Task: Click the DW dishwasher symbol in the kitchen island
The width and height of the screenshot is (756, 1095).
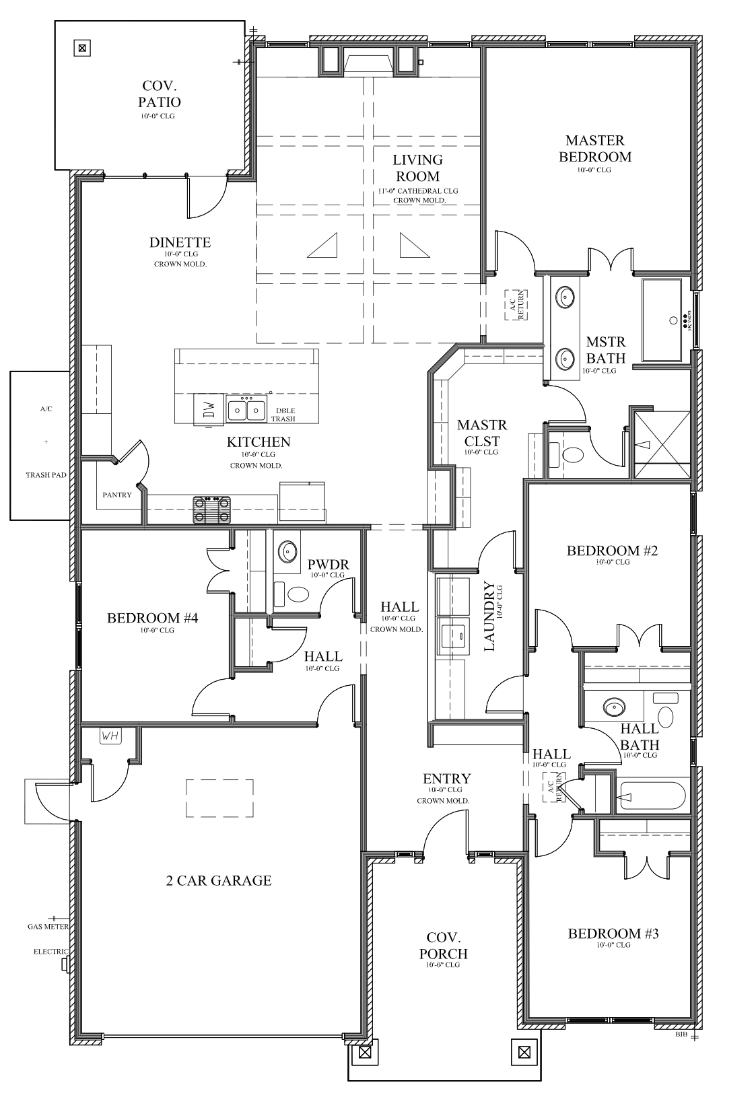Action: click(209, 407)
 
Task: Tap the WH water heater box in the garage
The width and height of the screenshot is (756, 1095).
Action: click(110, 736)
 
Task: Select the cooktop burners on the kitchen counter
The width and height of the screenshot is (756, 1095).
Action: click(212, 509)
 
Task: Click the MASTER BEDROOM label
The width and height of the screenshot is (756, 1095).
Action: click(598, 149)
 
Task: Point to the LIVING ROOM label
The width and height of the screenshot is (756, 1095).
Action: click(417, 168)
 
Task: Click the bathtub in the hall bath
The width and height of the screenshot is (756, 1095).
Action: click(652, 796)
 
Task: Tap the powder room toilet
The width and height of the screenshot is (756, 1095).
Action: click(297, 594)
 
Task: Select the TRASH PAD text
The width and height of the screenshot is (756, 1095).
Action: click(46, 475)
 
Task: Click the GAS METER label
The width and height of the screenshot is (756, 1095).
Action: click(48, 927)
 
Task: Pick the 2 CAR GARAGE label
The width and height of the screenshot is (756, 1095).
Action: click(219, 880)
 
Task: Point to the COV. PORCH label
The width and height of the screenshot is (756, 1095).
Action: click(443, 946)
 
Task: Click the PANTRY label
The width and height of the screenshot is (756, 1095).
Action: click(117, 495)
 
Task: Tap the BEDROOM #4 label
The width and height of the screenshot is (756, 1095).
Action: click(152, 618)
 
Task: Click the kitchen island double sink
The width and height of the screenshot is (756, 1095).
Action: click(245, 409)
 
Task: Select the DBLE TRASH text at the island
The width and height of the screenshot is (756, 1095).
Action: click(283, 415)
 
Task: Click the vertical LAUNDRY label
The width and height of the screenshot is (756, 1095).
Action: click(489, 616)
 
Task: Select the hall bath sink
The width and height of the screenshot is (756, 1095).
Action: click(613, 708)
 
